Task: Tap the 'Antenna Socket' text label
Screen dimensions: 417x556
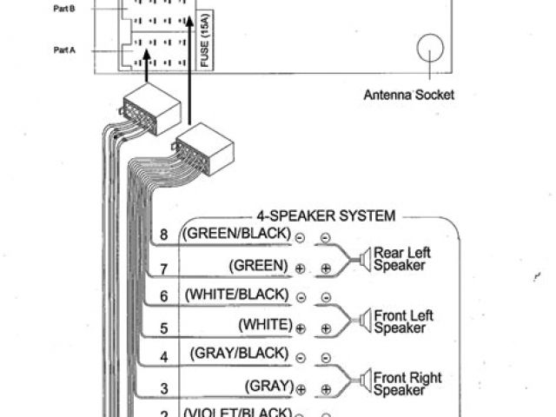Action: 408,95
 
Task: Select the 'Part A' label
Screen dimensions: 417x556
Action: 65,50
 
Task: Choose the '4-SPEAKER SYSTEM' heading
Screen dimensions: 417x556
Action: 326,215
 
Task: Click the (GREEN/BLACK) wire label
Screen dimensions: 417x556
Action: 235,234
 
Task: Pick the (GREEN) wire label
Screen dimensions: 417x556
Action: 258,264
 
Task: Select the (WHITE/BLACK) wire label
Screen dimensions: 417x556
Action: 235,294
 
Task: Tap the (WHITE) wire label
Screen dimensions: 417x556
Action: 264,324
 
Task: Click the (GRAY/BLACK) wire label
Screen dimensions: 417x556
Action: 237,353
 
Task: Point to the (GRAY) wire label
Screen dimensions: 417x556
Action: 268,384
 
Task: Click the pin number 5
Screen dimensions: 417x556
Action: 164,328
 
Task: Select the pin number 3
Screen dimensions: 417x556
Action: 164,387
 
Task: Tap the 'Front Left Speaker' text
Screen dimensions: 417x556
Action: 402,321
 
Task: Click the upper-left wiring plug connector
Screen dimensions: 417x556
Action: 151,109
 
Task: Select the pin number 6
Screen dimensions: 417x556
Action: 164,296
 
